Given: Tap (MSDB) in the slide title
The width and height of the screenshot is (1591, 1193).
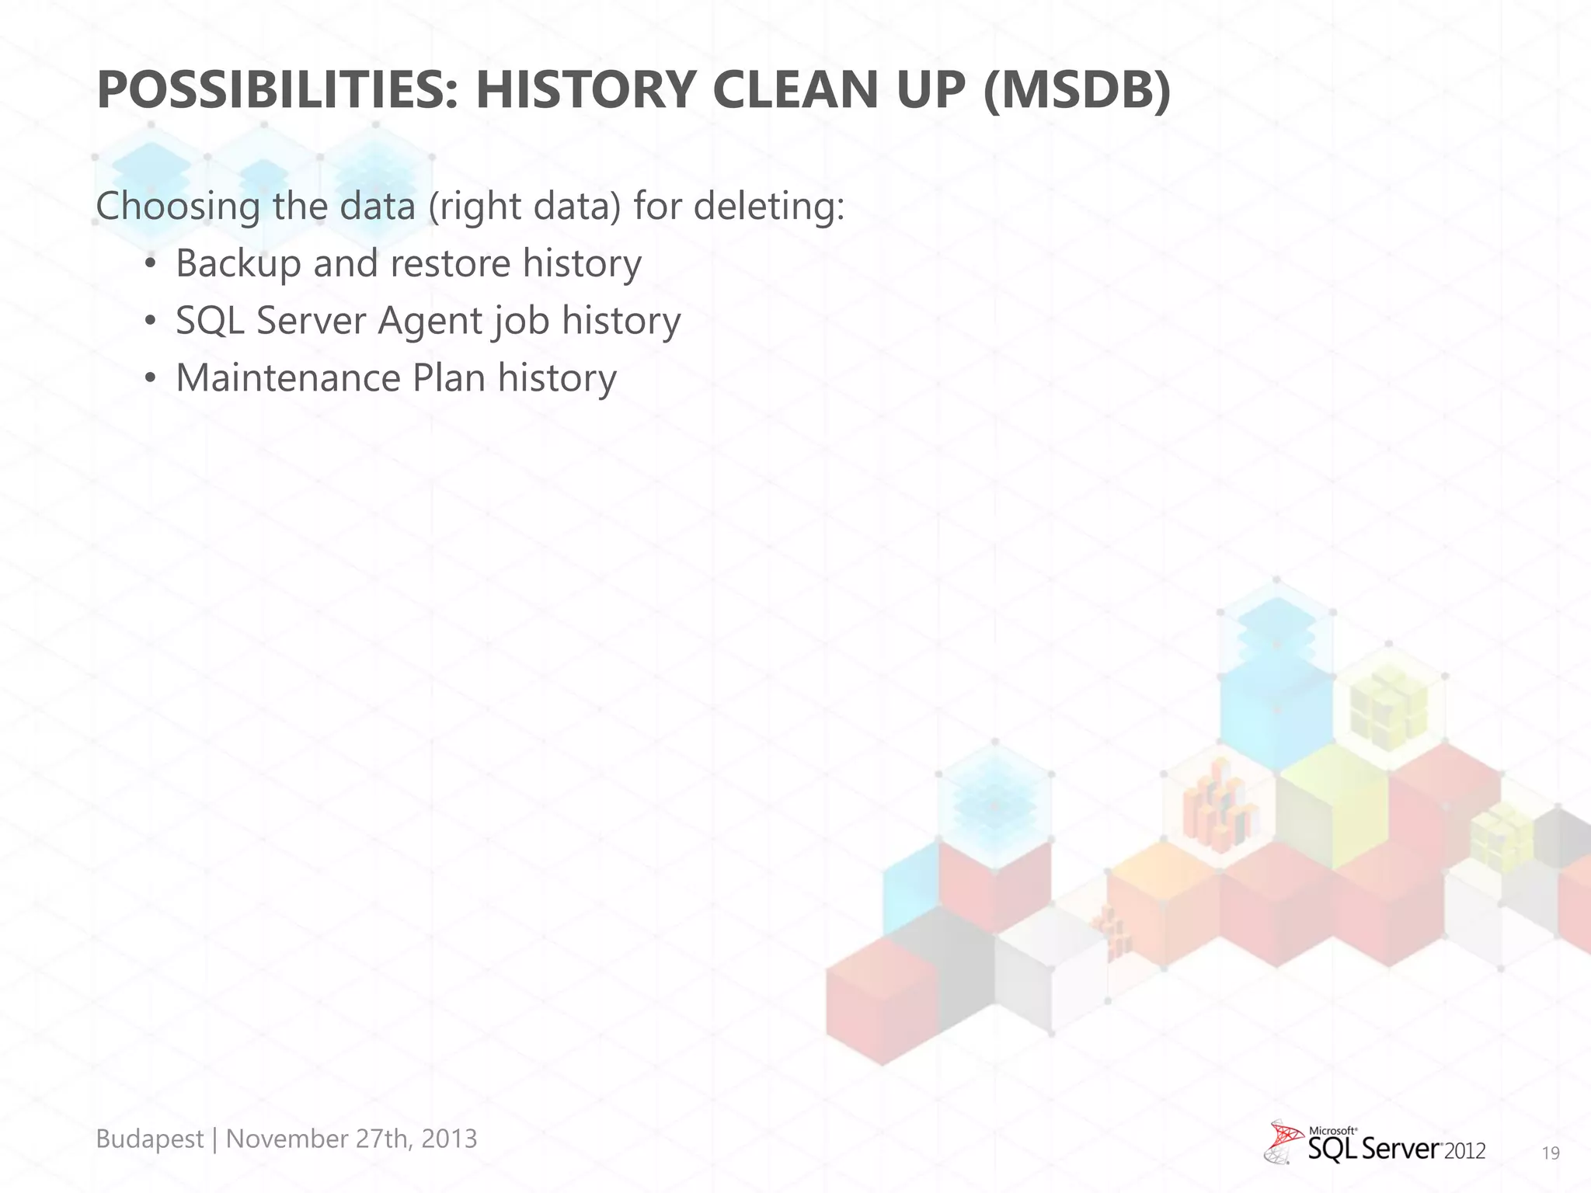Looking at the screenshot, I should [x=1076, y=90].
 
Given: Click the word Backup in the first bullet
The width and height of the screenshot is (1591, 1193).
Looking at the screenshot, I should [x=238, y=264].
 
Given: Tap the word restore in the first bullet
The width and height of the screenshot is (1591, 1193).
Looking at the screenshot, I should [x=450, y=264].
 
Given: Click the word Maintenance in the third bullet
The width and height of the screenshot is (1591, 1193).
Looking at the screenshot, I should [x=287, y=378].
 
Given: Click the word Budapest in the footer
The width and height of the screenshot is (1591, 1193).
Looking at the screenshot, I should [x=149, y=1139].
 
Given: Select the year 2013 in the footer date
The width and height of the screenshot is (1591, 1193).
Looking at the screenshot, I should [x=449, y=1139].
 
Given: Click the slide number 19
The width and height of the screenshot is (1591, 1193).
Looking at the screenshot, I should [x=1551, y=1153].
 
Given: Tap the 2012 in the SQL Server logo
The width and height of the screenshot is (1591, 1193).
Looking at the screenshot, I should [x=1464, y=1151].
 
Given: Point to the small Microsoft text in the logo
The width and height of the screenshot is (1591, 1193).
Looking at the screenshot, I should [x=1333, y=1131].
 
